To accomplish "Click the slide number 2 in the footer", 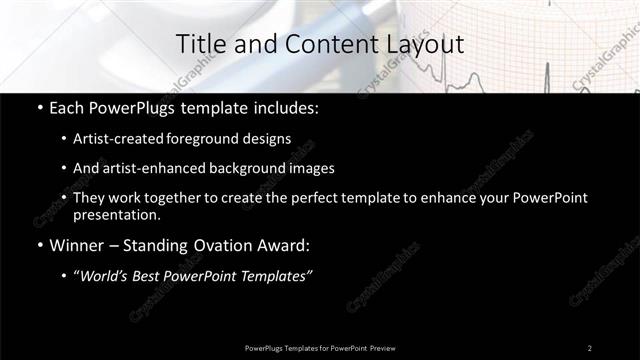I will click(589, 347).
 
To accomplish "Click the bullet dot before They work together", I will click(65, 198).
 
